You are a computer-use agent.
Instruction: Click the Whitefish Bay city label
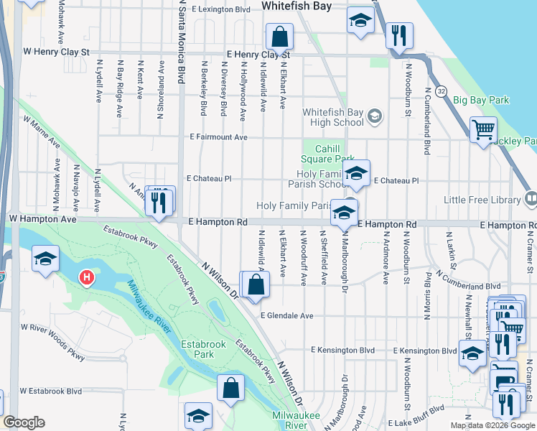pos(296,6)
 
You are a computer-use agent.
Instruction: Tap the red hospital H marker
pos(87,277)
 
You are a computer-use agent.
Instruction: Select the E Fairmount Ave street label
pos(218,136)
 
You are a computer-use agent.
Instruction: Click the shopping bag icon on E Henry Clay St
pos(279,37)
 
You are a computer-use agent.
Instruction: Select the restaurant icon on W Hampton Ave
pos(159,203)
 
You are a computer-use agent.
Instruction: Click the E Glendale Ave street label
pos(286,315)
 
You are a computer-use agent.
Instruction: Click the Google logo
pos(24,422)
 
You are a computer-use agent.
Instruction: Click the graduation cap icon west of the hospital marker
pos(45,260)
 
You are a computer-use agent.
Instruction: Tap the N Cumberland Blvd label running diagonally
pos(467,281)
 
